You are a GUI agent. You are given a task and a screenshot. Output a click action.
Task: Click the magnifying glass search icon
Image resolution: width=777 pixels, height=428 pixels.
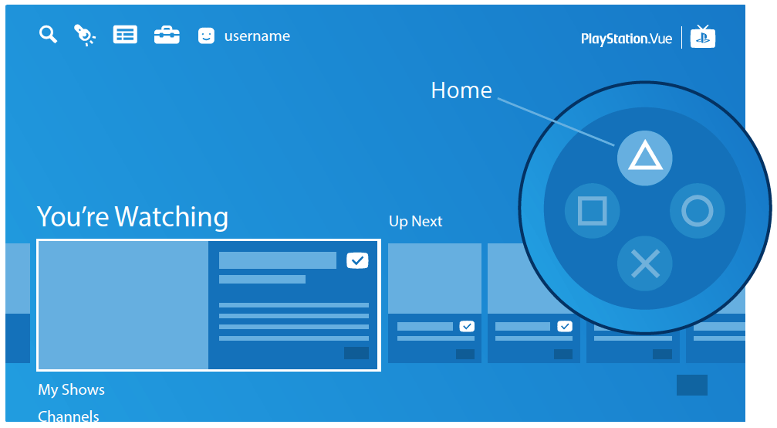pos(48,34)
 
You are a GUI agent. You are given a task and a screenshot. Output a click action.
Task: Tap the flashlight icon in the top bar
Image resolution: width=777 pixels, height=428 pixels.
pos(85,35)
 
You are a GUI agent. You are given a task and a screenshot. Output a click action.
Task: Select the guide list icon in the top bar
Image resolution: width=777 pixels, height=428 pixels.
pos(125,35)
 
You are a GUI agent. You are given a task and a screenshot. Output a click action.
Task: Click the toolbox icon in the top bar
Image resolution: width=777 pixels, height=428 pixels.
pos(167,36)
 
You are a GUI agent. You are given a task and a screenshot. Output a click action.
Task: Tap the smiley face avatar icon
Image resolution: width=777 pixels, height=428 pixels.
pos(206,36)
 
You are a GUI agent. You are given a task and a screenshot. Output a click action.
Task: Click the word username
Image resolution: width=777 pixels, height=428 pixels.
pos(257,36)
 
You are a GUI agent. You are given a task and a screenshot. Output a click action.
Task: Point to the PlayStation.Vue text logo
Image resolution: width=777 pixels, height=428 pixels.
pos(627,39)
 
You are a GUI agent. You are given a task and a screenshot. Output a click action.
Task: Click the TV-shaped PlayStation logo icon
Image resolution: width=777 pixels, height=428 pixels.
pos(703,36)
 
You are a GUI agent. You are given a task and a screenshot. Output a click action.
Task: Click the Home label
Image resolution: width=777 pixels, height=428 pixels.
pos(461,90)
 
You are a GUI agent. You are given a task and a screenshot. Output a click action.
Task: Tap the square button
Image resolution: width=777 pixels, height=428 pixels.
pos(592,211)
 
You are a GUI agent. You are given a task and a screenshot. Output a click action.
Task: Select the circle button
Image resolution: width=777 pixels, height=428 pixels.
pos(698,211)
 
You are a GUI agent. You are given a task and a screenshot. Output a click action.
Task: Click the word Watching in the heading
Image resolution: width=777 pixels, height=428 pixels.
pos(171,217)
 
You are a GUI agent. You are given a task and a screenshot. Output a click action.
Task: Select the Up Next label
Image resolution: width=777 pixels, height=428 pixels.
pos(415,221)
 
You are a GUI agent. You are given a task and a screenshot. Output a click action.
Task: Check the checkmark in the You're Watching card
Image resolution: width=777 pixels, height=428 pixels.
pos(357,260)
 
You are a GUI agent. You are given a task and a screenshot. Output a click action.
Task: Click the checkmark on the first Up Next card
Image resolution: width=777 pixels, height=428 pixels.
pos(467,326)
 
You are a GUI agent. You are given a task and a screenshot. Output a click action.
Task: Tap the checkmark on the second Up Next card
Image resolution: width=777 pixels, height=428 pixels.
pos(565,326)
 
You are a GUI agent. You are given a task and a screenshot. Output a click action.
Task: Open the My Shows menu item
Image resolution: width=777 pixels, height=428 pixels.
pos(71,390)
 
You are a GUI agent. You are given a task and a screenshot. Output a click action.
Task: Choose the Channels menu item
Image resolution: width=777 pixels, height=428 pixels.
pos(69,416)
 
